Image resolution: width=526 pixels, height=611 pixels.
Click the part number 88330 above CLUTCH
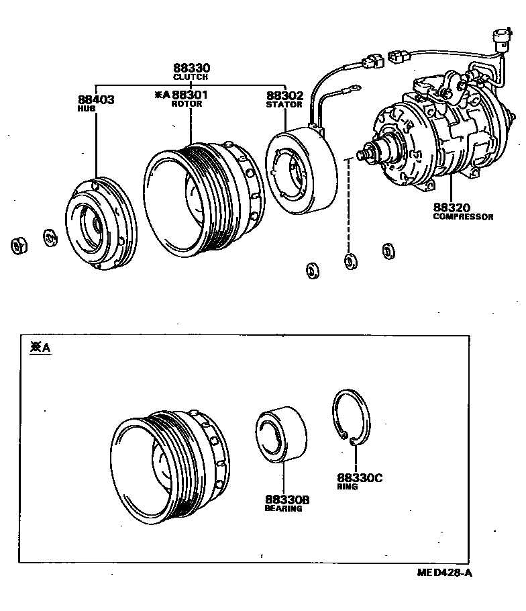click(x=191, y=68)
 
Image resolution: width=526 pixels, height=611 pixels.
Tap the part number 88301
click(x=190, y=95)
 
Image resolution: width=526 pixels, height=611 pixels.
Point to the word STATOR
click(x=284, y=105)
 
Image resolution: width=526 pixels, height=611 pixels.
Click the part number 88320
click(x=452, y=208)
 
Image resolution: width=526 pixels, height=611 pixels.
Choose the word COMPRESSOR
click(x=463, y=217)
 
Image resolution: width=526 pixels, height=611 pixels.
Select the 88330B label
click(x=287, y=500)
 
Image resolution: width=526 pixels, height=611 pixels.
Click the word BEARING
click(x=283, y=509)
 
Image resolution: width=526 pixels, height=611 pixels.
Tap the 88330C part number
click(x=359, y=477)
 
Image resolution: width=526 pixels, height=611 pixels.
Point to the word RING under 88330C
click(x=348, y=486)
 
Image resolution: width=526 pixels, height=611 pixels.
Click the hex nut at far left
click(x=18, y=246)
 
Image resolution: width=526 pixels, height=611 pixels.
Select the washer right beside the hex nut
click(x=50, y=238)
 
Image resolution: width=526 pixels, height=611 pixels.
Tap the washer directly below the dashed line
click(x=350, y=261)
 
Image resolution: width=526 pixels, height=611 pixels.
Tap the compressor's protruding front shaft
click(x=366, y=155)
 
